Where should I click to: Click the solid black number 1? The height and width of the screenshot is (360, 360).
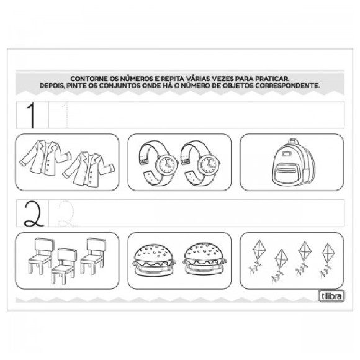(x=32, y=115)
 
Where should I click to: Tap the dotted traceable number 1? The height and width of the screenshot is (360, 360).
(x=66, y=115)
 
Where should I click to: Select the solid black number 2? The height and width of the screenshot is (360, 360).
(x=34, y=214)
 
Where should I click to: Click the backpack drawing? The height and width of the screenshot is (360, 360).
(x=293, y=162)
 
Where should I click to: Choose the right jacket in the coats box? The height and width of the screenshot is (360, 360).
(x=89, y=169)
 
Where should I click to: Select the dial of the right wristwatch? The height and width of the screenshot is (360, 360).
(x=208, y=164)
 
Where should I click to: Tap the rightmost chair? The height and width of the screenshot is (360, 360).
(x=93, y=256)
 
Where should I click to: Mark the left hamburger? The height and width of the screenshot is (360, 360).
(x=155, y=260)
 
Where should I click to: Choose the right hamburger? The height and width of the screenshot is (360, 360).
(x=204, y=259)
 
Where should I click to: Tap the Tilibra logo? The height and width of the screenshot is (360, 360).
(x=331, y=296)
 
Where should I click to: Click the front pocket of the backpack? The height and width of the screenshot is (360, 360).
(x=287, y=171)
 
